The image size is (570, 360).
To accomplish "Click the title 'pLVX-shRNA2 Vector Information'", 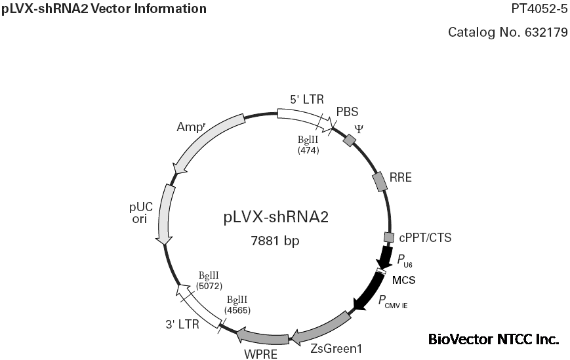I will pyautogui.click(x=104, y=9).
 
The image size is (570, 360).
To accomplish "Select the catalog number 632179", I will pyautogui.click(x=508, y=32).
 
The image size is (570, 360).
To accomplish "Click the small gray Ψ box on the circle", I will pyautogui.click(x=350, y=139).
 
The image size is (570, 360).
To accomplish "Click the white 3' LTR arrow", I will pyautogui.click(x=199, y=306).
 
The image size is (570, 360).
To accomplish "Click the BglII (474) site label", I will pyautogui.click(x=308, y=145).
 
